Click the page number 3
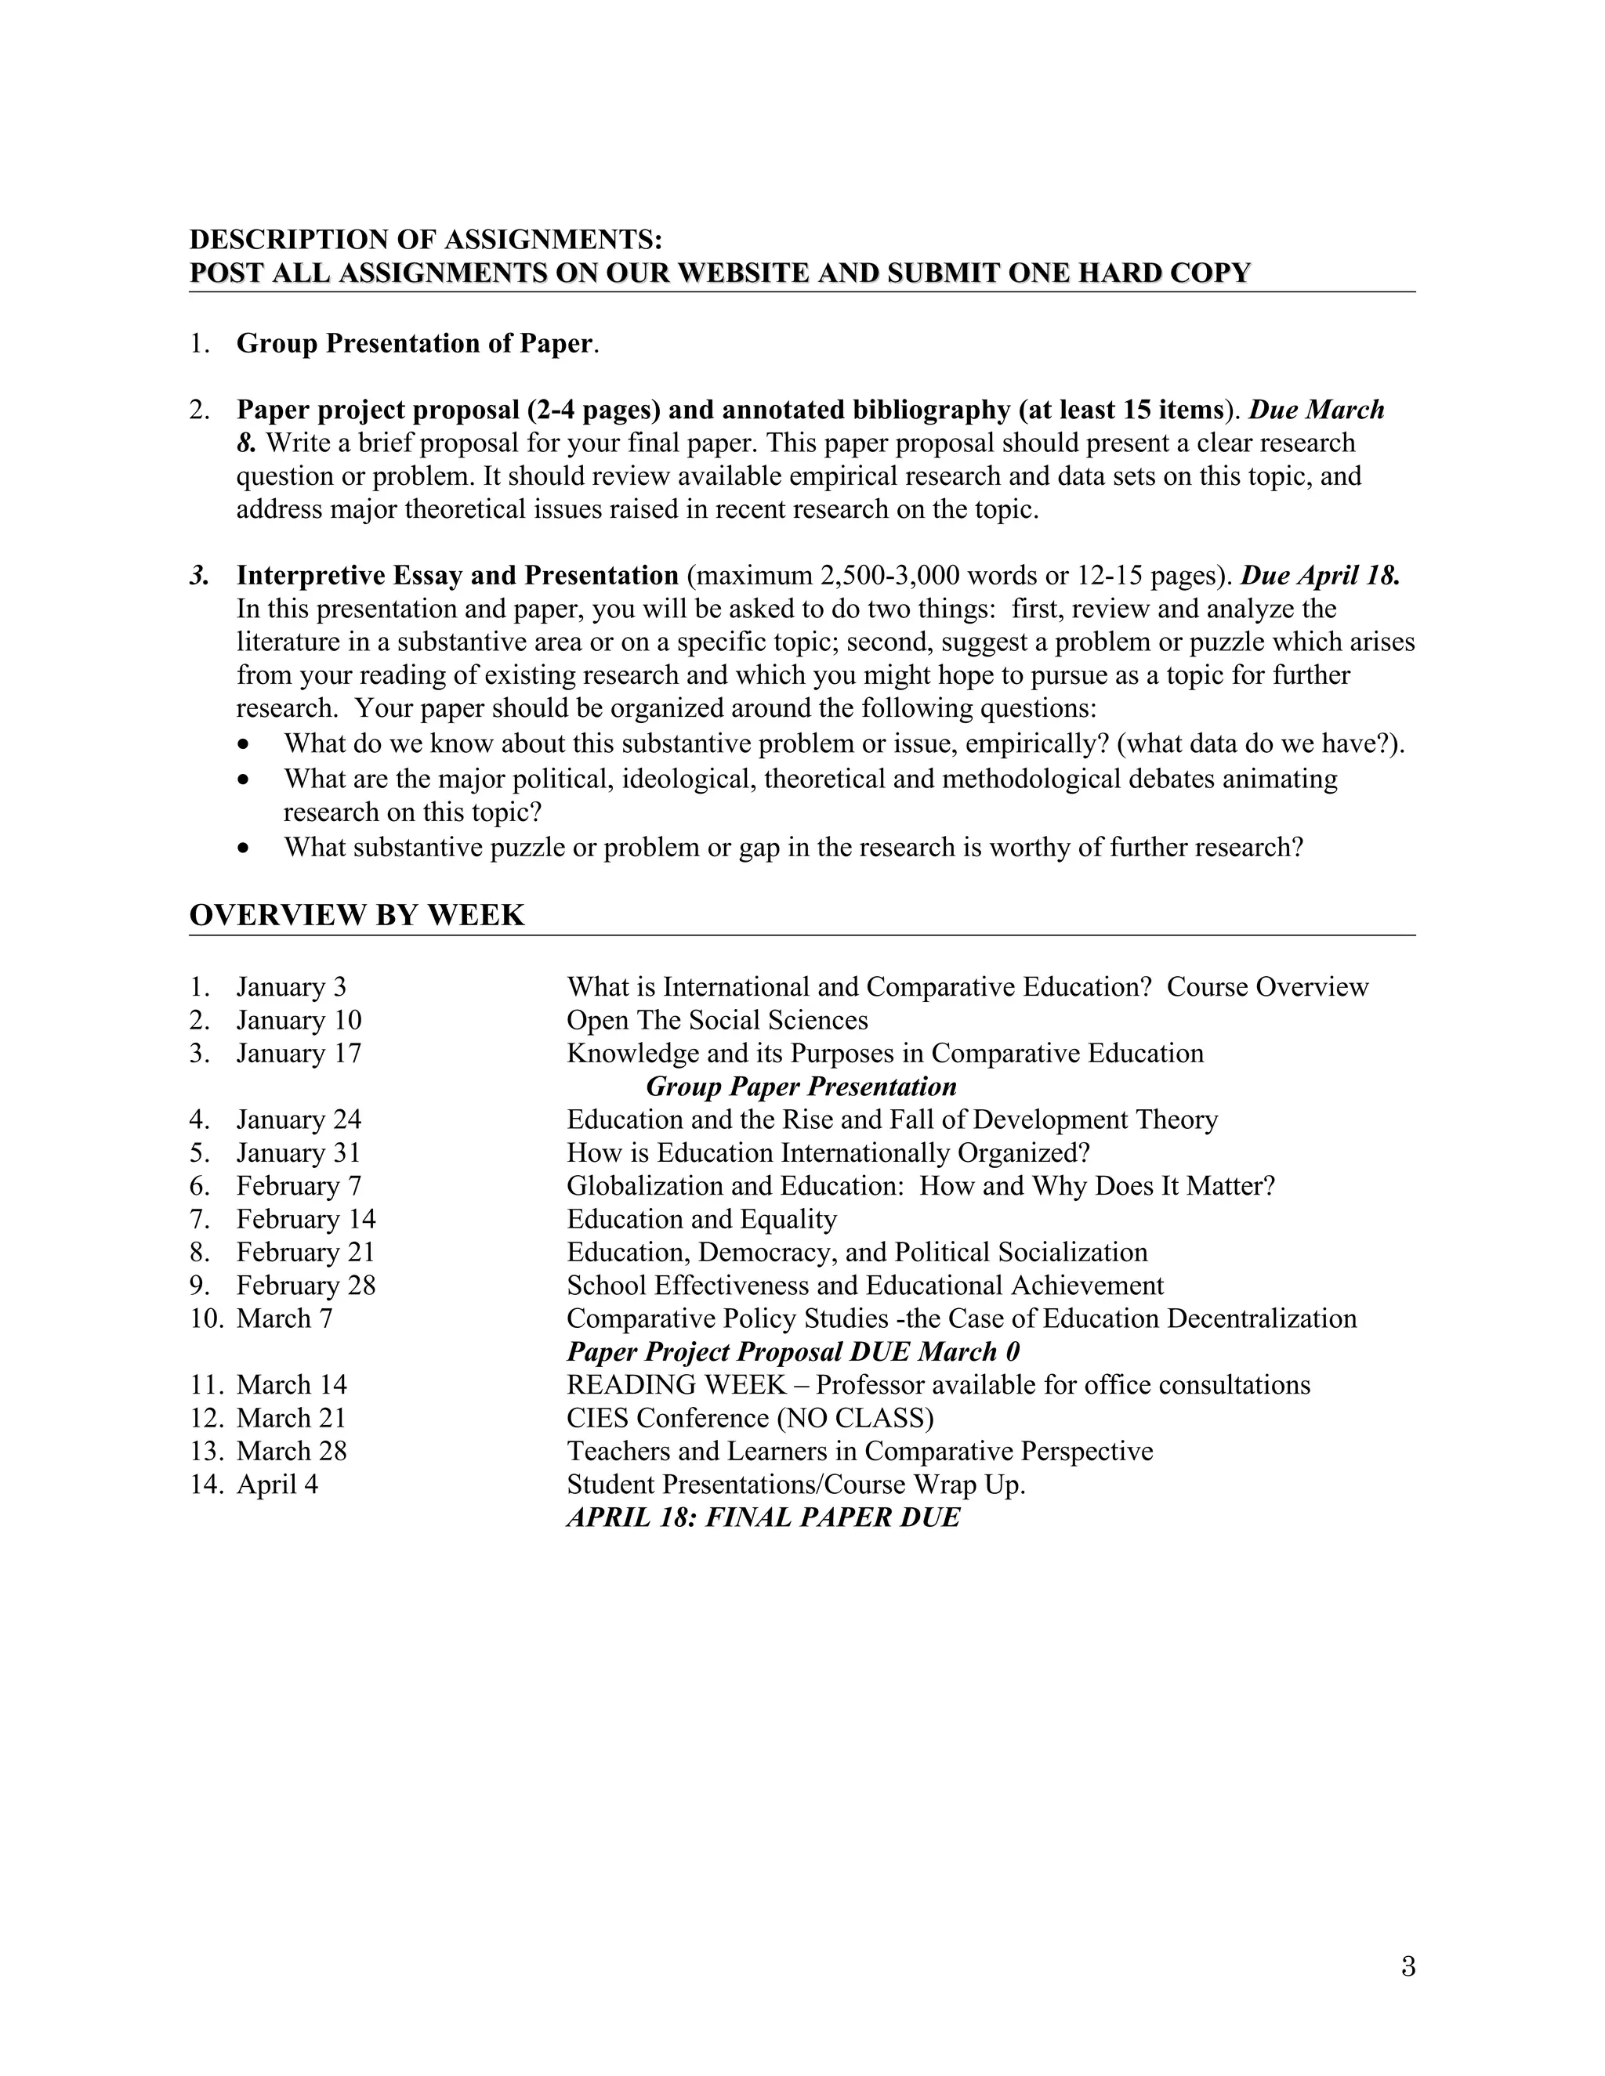tap(1408, 1966)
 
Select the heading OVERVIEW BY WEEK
tap(357, 915)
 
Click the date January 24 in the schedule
tap(299, 1119)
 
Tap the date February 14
tap(305, 1220)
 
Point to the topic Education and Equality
tap(701, 1220)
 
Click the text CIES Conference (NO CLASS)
tap(750, 1418)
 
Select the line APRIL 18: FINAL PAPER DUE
tap(763, 1517)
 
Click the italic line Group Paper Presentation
tap(801, 1087)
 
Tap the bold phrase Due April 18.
tap(1320, 576)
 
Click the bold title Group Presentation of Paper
tap(415, 343)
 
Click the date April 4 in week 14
tap(277, 1485)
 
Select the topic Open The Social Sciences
tap(717, 1021)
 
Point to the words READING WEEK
tap(676, 1385)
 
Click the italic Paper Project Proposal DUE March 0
tap(793, 1351)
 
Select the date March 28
tap(291, 1452)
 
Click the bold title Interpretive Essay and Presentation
tap(458, 576)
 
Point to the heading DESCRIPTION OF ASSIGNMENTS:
tap(425, 239)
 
